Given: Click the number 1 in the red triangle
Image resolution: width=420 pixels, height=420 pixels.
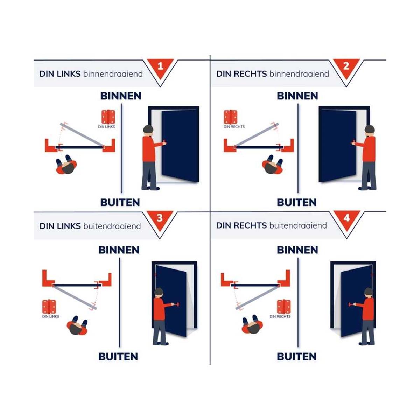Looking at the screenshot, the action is [x=160, y=66].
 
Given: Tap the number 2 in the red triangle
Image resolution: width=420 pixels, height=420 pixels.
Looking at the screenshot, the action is [x=346, y=66].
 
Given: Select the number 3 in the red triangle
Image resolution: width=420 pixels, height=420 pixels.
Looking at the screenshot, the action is [x=160, y=218].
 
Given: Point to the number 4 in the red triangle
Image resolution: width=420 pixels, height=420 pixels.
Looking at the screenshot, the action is [x=346, y=218].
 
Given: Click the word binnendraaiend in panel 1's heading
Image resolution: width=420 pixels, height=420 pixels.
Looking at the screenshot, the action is [x=113, y=74].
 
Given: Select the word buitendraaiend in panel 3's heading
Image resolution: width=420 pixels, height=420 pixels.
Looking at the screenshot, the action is [x=112, y=226].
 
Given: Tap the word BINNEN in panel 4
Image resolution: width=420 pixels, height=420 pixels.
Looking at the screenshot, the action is [x=297, y=250].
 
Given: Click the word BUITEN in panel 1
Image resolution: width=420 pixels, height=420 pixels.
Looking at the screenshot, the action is [x=120, y=203].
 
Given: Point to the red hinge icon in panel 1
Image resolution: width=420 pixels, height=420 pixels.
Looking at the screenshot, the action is [x=108, y=117].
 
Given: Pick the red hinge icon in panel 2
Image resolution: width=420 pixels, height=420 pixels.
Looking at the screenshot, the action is [x=231, y=117].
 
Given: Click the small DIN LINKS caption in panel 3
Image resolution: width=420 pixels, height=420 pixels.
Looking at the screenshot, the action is [x=50, y=316].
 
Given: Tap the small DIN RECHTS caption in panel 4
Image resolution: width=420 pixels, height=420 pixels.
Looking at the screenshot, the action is [x=280, y=316].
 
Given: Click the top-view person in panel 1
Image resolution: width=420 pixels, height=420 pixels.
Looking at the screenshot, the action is [x=66, y=165].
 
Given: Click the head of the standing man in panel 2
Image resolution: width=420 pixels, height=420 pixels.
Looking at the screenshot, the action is [x=370, y=129].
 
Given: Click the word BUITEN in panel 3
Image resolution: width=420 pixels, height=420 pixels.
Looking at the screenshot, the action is [x=118, y=357].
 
